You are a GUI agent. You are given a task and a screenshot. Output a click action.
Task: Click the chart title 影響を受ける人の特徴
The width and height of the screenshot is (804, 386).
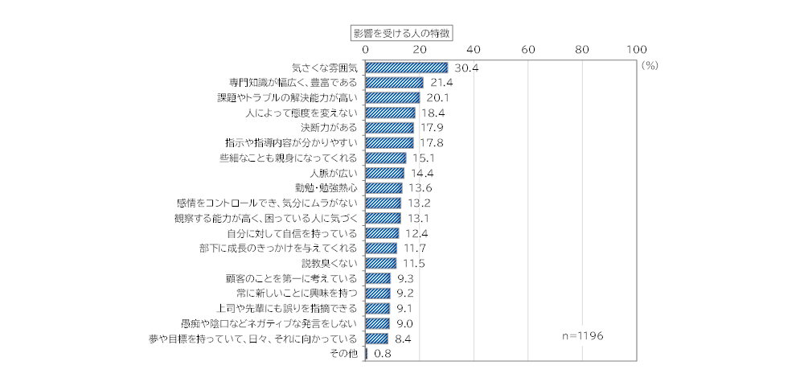coord(402,33)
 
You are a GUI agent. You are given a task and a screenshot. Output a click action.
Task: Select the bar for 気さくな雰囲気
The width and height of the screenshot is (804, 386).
coord(407,68)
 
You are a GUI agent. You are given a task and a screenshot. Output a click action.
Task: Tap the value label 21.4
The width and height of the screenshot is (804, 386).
coord(441,83)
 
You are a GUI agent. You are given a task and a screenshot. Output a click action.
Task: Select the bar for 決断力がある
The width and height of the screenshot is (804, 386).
coord(390,128)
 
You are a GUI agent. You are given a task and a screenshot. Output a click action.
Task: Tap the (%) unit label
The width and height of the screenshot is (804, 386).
coord(650,67)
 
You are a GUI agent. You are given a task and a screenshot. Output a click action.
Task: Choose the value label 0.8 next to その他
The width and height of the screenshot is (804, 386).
coord(383,354)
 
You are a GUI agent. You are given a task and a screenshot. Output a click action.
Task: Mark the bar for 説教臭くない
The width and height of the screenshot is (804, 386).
coord(381,263)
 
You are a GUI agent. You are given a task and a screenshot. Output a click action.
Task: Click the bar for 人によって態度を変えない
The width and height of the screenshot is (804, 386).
coord(391,113)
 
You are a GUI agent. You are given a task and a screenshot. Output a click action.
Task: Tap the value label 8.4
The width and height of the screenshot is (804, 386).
coord(404,339)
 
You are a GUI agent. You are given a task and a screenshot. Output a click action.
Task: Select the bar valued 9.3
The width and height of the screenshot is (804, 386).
coord(379,278)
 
